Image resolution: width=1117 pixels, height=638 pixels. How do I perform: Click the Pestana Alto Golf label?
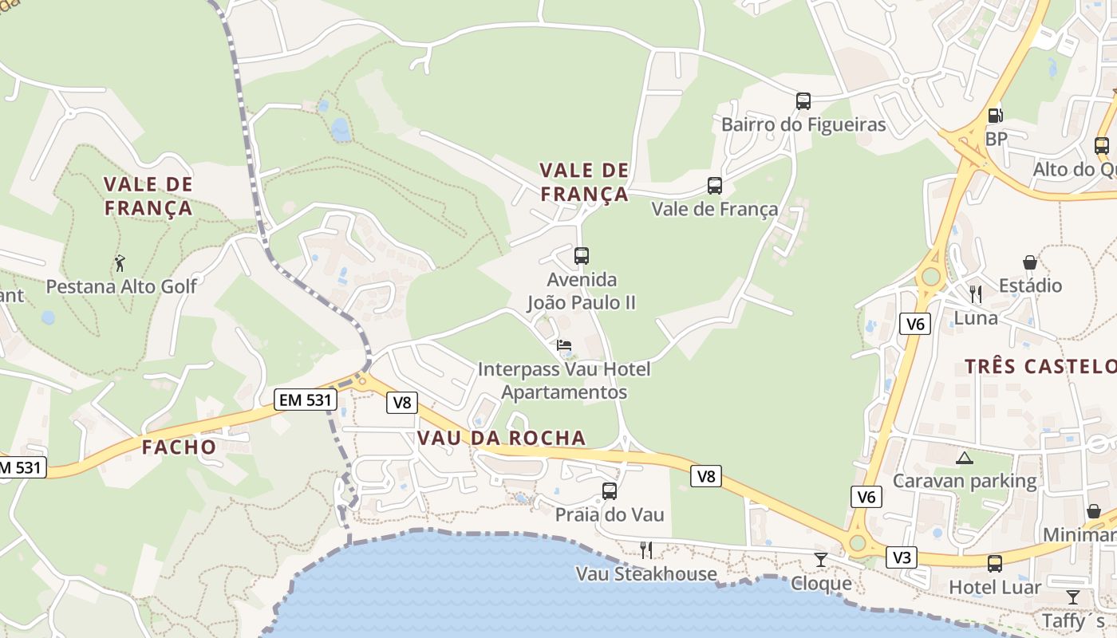coord(120,286)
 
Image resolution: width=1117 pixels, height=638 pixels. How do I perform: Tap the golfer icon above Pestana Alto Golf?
coord(120,262)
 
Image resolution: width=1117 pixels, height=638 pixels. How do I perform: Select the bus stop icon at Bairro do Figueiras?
coord(803,101)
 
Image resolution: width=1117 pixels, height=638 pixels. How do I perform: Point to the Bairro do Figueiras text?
coord(803,124)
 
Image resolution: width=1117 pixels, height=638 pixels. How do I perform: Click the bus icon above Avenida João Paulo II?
coord(582,256)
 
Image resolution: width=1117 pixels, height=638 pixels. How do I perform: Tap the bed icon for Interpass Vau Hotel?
coord(564,345)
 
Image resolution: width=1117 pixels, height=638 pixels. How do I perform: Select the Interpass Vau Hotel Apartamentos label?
coord(564,380)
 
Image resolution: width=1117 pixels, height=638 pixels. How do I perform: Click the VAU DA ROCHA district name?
coord(501,438)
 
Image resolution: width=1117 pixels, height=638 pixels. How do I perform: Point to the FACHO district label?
coord(180,447)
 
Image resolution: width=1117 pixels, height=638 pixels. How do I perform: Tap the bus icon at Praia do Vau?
coord(610,491)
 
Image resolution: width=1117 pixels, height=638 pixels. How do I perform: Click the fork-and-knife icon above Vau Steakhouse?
coord(646,549)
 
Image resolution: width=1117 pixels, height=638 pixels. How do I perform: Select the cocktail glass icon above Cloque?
coord(821,560)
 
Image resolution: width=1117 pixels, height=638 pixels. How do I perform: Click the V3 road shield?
coord(902,557)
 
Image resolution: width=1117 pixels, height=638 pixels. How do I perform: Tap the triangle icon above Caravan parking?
coord(965,458)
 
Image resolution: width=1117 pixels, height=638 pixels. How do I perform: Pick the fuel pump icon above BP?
coord(995,116)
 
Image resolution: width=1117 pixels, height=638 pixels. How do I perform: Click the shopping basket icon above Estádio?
coord(1030,262)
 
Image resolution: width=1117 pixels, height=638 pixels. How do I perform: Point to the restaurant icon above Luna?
coord(976,294)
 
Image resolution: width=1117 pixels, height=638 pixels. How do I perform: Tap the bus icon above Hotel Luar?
coord(995,564)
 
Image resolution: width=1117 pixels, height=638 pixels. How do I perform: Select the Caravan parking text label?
coord(965,481)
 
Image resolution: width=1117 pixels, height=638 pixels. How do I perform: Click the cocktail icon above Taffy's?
coord(1073,597)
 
